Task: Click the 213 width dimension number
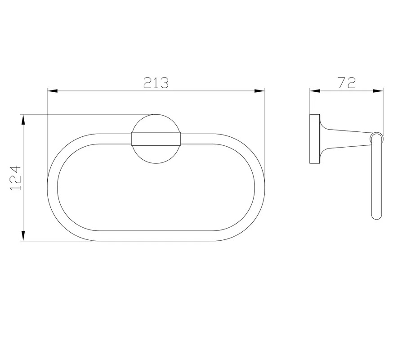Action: [156, 83]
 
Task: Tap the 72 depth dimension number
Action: [347, 83]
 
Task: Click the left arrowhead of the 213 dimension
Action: [53, 91]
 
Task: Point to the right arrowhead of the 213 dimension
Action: [259, 91]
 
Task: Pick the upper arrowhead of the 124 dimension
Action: [23, 120]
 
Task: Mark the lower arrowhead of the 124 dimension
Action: [23, 236]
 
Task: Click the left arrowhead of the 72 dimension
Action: [315, 91]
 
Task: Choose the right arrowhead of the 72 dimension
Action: [378, 91]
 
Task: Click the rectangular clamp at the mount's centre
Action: [156, 139]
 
